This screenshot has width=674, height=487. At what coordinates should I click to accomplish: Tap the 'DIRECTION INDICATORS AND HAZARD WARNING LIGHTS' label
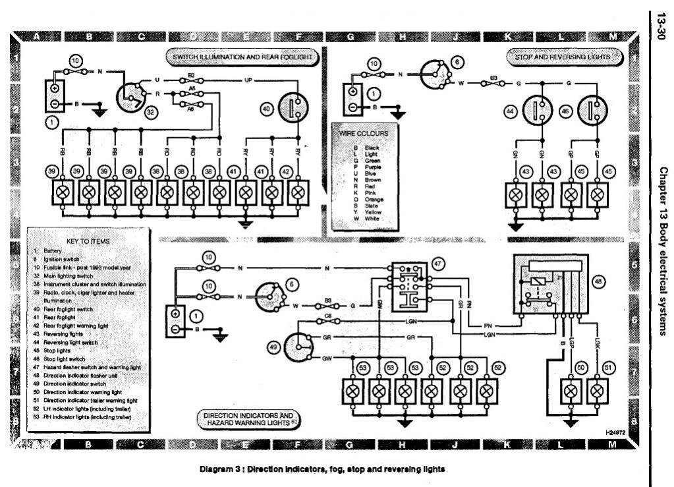[248, 420]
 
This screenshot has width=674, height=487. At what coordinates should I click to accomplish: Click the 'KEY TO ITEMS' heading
[88, 241]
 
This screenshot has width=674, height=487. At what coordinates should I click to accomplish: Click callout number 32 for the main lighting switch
[152, 113]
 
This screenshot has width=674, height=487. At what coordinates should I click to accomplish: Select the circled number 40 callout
[267, 109]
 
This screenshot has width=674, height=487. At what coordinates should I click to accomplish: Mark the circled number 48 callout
[598, 281]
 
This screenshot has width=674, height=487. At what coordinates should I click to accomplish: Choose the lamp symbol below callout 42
[298, 192]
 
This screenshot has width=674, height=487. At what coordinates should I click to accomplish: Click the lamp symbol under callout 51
[597, 391]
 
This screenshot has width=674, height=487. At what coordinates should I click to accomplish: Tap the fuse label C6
[327, 316]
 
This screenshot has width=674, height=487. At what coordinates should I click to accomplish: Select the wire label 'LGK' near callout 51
[596, 343]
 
